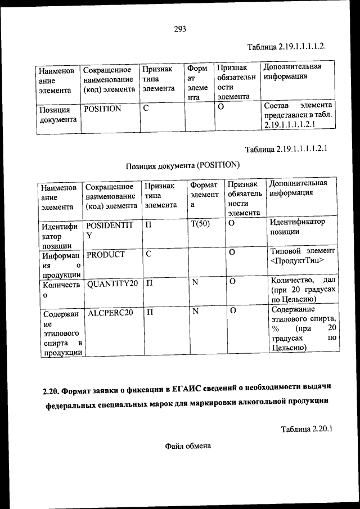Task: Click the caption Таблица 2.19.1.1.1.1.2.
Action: [287, 45]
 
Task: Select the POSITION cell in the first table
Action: [102, 109]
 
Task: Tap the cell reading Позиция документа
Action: [57, 114]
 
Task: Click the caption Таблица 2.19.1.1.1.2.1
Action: [286, 150]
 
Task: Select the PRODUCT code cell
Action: [106, 254]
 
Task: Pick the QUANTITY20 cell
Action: [112, 283]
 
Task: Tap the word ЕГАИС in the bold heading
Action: [187, 389]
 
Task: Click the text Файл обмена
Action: [188, 446]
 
